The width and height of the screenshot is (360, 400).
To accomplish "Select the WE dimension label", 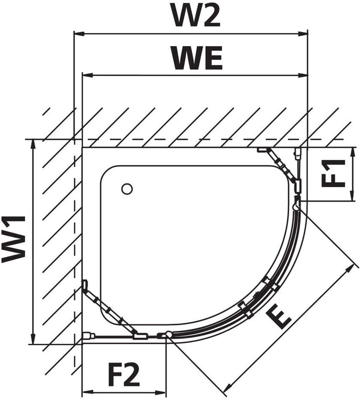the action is pyautogui.click(x=197, y=59).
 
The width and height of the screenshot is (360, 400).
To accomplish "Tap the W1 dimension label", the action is pyautogui.click(x=14, y=239).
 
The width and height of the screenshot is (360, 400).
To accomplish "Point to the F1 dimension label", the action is pyautogui.click(x=333, y=174).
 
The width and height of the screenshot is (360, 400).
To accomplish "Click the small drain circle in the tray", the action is pyautogui.click(x=127, y=189).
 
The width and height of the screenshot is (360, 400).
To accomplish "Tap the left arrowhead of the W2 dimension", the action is pyautogui.click(x=79, y=34).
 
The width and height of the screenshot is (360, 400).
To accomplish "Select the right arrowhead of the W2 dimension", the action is pyautogui.click(x=303, y=34).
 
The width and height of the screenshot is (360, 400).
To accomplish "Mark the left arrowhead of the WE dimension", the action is pyautogui.click(x=88, y=75).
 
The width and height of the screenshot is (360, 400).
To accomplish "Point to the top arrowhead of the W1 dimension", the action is pyautogui.click(x=32, y=144).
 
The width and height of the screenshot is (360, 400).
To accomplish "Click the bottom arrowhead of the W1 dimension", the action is pyautogui.click(x=32, y=339).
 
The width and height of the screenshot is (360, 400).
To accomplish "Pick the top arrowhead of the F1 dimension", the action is pyautogui.click(x=353, y=153).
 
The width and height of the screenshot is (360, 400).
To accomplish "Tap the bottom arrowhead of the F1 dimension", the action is pyautogui.click(x=353, y=196).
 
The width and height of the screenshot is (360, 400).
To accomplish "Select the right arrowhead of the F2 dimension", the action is pyautogui.click(x=161, y=392).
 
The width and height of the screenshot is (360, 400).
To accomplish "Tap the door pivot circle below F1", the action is pyautogui.click(x=296, y=207).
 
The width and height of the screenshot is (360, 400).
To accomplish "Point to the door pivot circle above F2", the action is pyautogui.click(x=168, y=334).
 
